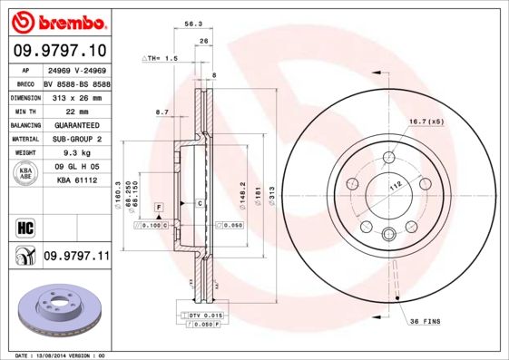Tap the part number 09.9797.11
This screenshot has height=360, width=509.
click(76, 257)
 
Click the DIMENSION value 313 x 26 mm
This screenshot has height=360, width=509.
click(74, 96)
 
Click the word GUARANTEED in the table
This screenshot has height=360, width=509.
click(76, 124)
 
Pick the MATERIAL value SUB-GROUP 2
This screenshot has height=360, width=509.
click(76, 139)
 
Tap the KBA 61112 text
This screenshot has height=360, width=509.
click(76, 181)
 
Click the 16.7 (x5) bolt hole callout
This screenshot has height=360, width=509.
click(425, 121)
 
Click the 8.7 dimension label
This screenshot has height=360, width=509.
click(162, 112)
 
